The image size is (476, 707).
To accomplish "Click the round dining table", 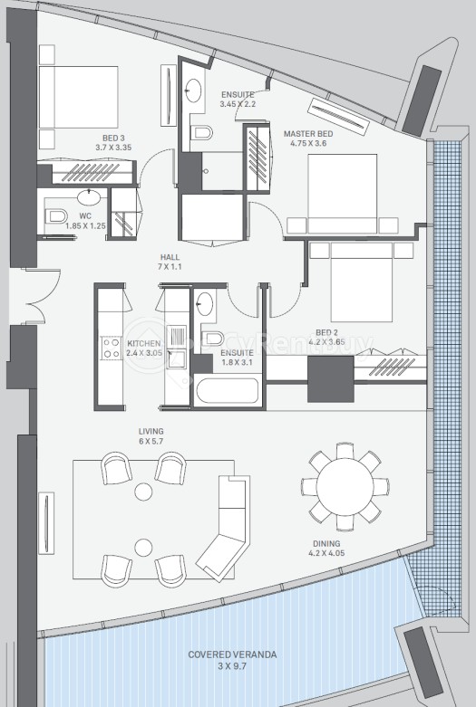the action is click(x=345, y=486).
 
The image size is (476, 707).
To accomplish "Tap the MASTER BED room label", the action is click(x=308, y=134).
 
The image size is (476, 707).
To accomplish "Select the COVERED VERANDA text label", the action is click(x=232, y=654).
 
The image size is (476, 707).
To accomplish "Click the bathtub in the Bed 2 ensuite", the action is click(x=228, y=391).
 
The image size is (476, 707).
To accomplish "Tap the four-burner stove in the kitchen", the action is click(x=112, y=349).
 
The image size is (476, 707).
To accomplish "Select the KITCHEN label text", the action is click(x=143, y=344).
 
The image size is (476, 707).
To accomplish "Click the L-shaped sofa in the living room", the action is click(x=225, y=524).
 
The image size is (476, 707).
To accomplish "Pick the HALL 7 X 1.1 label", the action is click(x=170, y=262).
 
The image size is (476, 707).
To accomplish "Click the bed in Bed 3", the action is click(x=78, y=97).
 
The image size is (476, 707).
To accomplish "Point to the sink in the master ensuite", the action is click(x=194, y=91).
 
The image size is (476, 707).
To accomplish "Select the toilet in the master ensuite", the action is click(x=201, y=132).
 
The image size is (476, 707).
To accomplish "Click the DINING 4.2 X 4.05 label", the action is click(x=326, y=549).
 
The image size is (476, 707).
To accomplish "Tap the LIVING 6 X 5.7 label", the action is click(x=151, y=436).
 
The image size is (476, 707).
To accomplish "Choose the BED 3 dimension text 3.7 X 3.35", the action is click(x=113, y=147).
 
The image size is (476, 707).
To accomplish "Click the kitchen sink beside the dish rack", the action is click(x=177, y=358).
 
